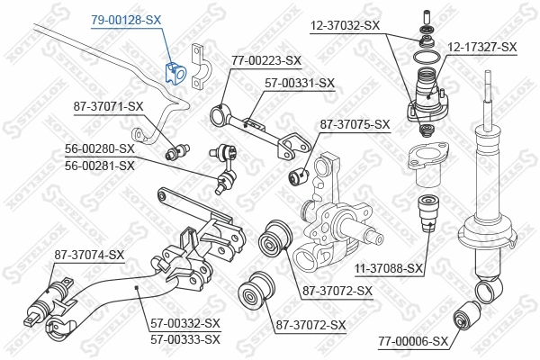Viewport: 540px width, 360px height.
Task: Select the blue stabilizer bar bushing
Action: tap(175, 71)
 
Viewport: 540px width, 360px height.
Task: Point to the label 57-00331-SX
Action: tap(299, 83)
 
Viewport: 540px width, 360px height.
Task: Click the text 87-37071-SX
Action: tap(108, 106)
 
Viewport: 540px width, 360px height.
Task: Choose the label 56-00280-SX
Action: tap(99, 148)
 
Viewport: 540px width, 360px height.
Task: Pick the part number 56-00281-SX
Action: tap(99, 165)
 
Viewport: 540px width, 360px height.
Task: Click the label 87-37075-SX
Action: tap(354, 124)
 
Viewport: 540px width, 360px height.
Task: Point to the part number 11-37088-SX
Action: tap(388, 268)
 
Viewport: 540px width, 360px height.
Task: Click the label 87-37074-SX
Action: tap(88, 255)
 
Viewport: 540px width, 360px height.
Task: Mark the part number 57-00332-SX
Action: tap(186, 324)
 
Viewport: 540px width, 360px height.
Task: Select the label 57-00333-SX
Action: tap(186, 339)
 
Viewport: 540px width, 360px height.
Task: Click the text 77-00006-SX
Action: tap(413, 341)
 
